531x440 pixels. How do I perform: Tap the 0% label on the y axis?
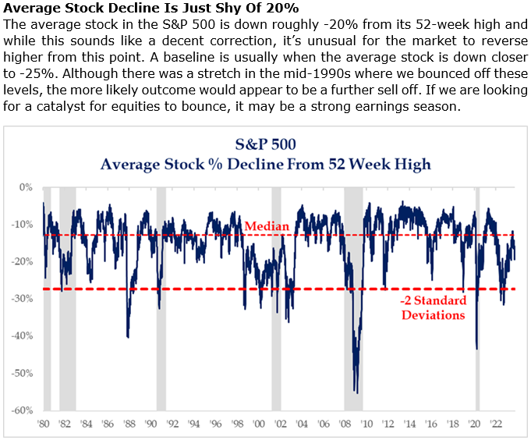(26, 187)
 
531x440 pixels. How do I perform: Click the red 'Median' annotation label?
(267, 226)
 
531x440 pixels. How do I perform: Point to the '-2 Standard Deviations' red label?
(434, 308)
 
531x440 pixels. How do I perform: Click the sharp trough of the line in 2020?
(476, 349)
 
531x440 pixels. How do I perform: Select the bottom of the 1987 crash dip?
(127, 337)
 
